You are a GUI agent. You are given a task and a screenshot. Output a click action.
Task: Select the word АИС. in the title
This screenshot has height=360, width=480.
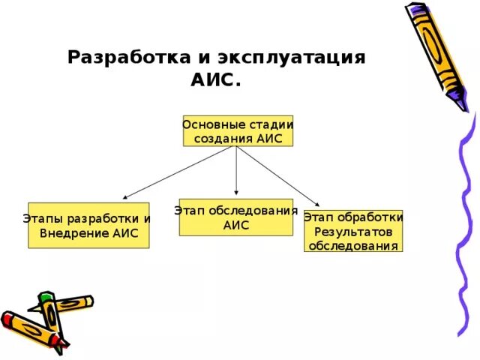tap(217, 79)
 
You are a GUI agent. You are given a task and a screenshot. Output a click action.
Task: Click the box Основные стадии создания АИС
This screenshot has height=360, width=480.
tap(237, 130)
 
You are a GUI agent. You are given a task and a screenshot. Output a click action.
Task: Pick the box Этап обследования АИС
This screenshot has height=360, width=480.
tap(236, 217)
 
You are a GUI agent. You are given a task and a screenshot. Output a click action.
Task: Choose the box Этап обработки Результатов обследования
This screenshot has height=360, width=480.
tap(353, 231)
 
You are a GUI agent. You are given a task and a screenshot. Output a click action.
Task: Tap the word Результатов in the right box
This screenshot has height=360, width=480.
tap(353, 231)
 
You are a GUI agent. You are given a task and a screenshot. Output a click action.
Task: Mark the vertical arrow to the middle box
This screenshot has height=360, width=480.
tap(236, 172)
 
